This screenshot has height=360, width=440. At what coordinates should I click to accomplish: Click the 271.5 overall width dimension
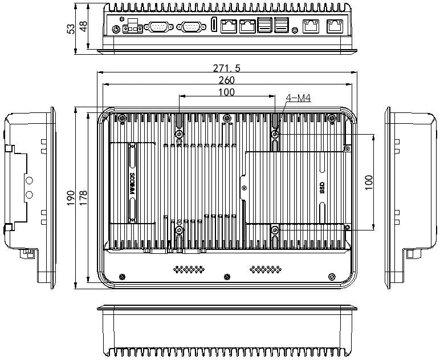[x=226, y=68]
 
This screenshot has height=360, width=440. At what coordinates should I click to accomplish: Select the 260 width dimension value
[x=226, y=80]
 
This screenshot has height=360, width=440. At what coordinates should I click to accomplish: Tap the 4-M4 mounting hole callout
[x=298, y=98]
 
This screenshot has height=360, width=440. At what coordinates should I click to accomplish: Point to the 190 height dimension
[x=71, y=198]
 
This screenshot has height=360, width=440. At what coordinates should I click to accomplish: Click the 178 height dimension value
[x=83, y=198]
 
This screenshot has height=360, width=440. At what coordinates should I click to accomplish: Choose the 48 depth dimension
[x=84, y=27]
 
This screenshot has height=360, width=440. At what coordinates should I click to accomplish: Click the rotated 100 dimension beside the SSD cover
[x=369, y=182]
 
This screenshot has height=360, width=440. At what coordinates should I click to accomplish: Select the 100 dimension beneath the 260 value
[x=226, y=92]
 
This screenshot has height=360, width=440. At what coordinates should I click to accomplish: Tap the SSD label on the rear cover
[x=322, y=188]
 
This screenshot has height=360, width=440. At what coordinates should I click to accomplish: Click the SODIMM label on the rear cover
[x=132, y=184]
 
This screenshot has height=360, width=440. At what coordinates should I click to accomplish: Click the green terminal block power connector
[x=132, y=26]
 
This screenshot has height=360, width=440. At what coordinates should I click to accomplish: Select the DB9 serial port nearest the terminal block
[x=158, y=27]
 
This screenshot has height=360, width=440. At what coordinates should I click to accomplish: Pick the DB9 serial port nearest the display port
[x=191, y=27]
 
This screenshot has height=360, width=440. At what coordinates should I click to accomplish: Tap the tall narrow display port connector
[x=214, y=25]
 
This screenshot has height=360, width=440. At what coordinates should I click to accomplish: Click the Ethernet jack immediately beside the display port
[x=229, y=26]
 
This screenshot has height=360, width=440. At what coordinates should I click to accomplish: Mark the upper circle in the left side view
[x=29, y=180]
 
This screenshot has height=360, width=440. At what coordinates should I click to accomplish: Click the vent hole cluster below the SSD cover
[x=266, y=269]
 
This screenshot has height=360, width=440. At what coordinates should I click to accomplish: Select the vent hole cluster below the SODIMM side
[x=189, y=269]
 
